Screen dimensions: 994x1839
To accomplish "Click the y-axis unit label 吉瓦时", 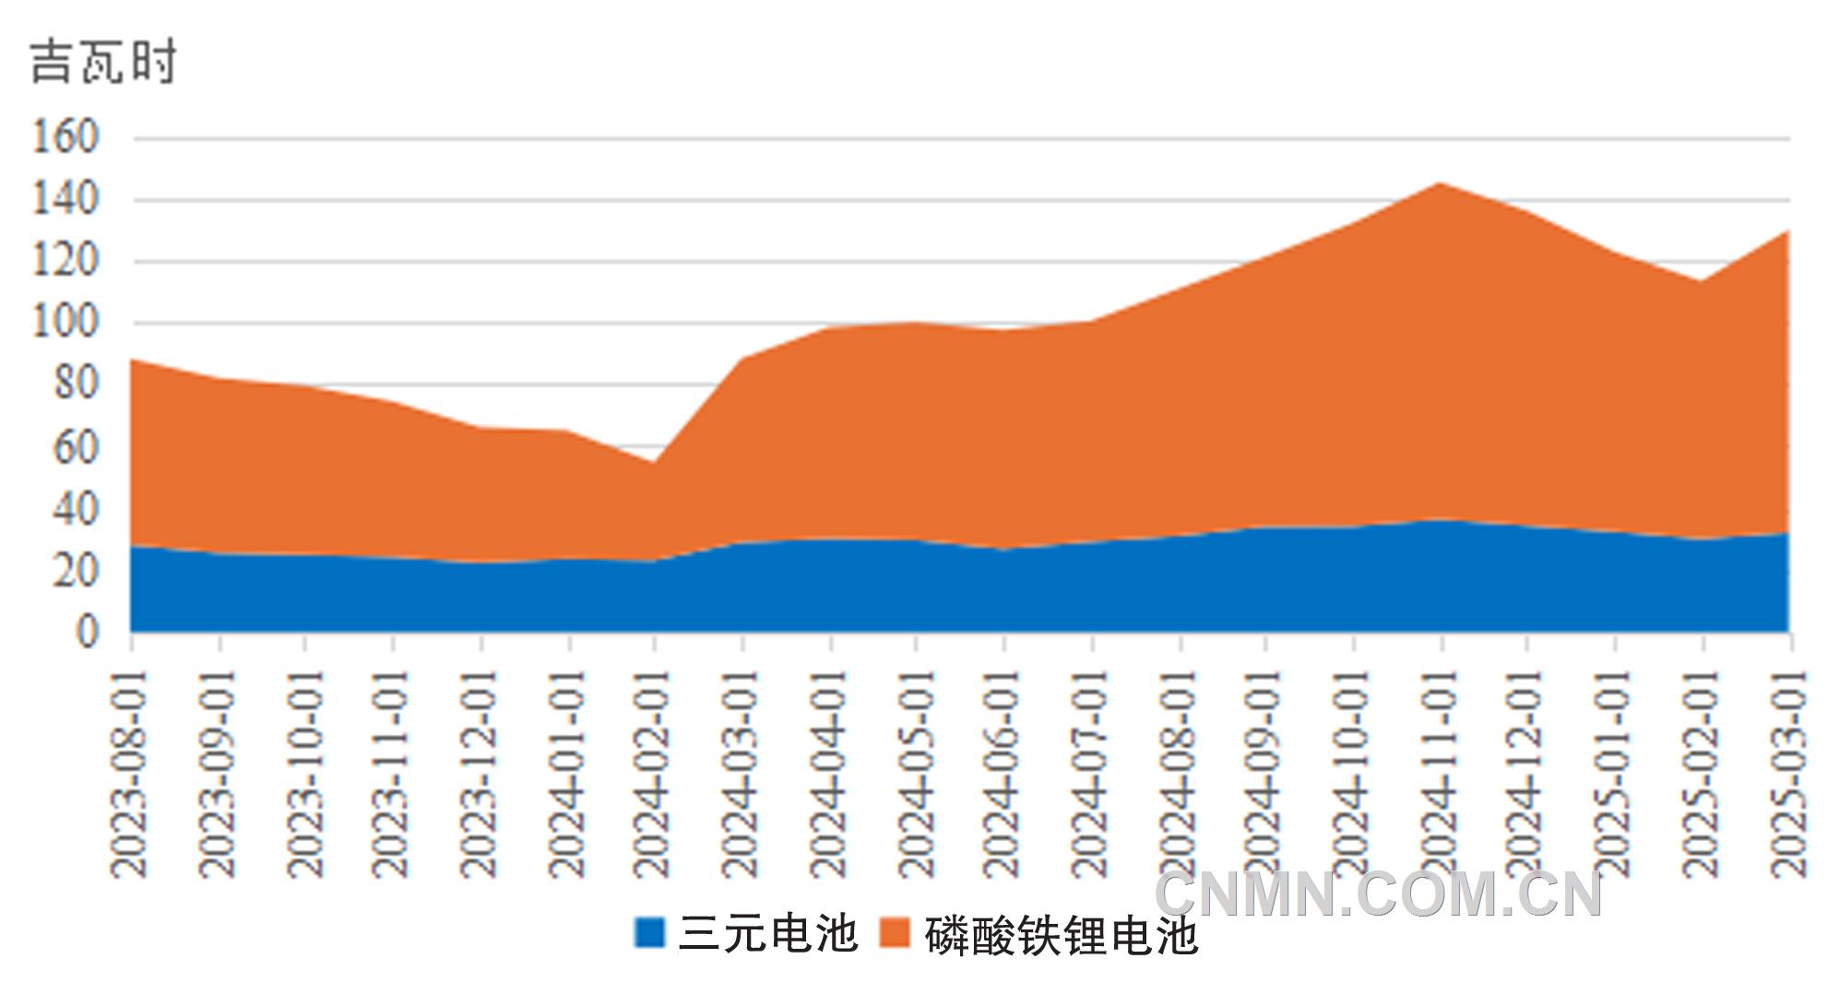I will (x=102, y=63).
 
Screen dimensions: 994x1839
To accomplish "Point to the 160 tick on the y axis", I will (x=65, y=137).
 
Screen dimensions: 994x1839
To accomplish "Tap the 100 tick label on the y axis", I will (x=65, y=323).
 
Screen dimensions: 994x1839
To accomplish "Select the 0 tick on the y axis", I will (x=87, y=633).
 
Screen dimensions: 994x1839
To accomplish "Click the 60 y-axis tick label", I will (x=76, y=448).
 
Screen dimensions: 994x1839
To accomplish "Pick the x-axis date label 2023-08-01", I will (x=130, y=773).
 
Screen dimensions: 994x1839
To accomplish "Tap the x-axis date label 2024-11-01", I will (x=1440, y=773).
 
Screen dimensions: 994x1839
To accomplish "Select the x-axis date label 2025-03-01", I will (x=1789, y=773).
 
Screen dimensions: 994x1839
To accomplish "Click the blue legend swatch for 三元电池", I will (x=649, y=933).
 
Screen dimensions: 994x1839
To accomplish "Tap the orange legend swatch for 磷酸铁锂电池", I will (x=894, y=933).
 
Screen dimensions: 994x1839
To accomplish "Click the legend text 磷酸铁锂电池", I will (x=1061, y=935).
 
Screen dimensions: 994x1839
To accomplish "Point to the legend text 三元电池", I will (x=767, y=933).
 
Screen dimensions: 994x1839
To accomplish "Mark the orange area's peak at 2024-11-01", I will (x=1440, y=183).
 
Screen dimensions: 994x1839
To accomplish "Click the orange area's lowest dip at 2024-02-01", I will (x=654, y=463).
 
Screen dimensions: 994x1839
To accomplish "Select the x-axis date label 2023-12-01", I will (x=479, y=773).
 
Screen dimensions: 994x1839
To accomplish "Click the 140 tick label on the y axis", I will (x=65, y=199).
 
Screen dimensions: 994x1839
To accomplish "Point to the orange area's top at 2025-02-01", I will (x=1703, y=282).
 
